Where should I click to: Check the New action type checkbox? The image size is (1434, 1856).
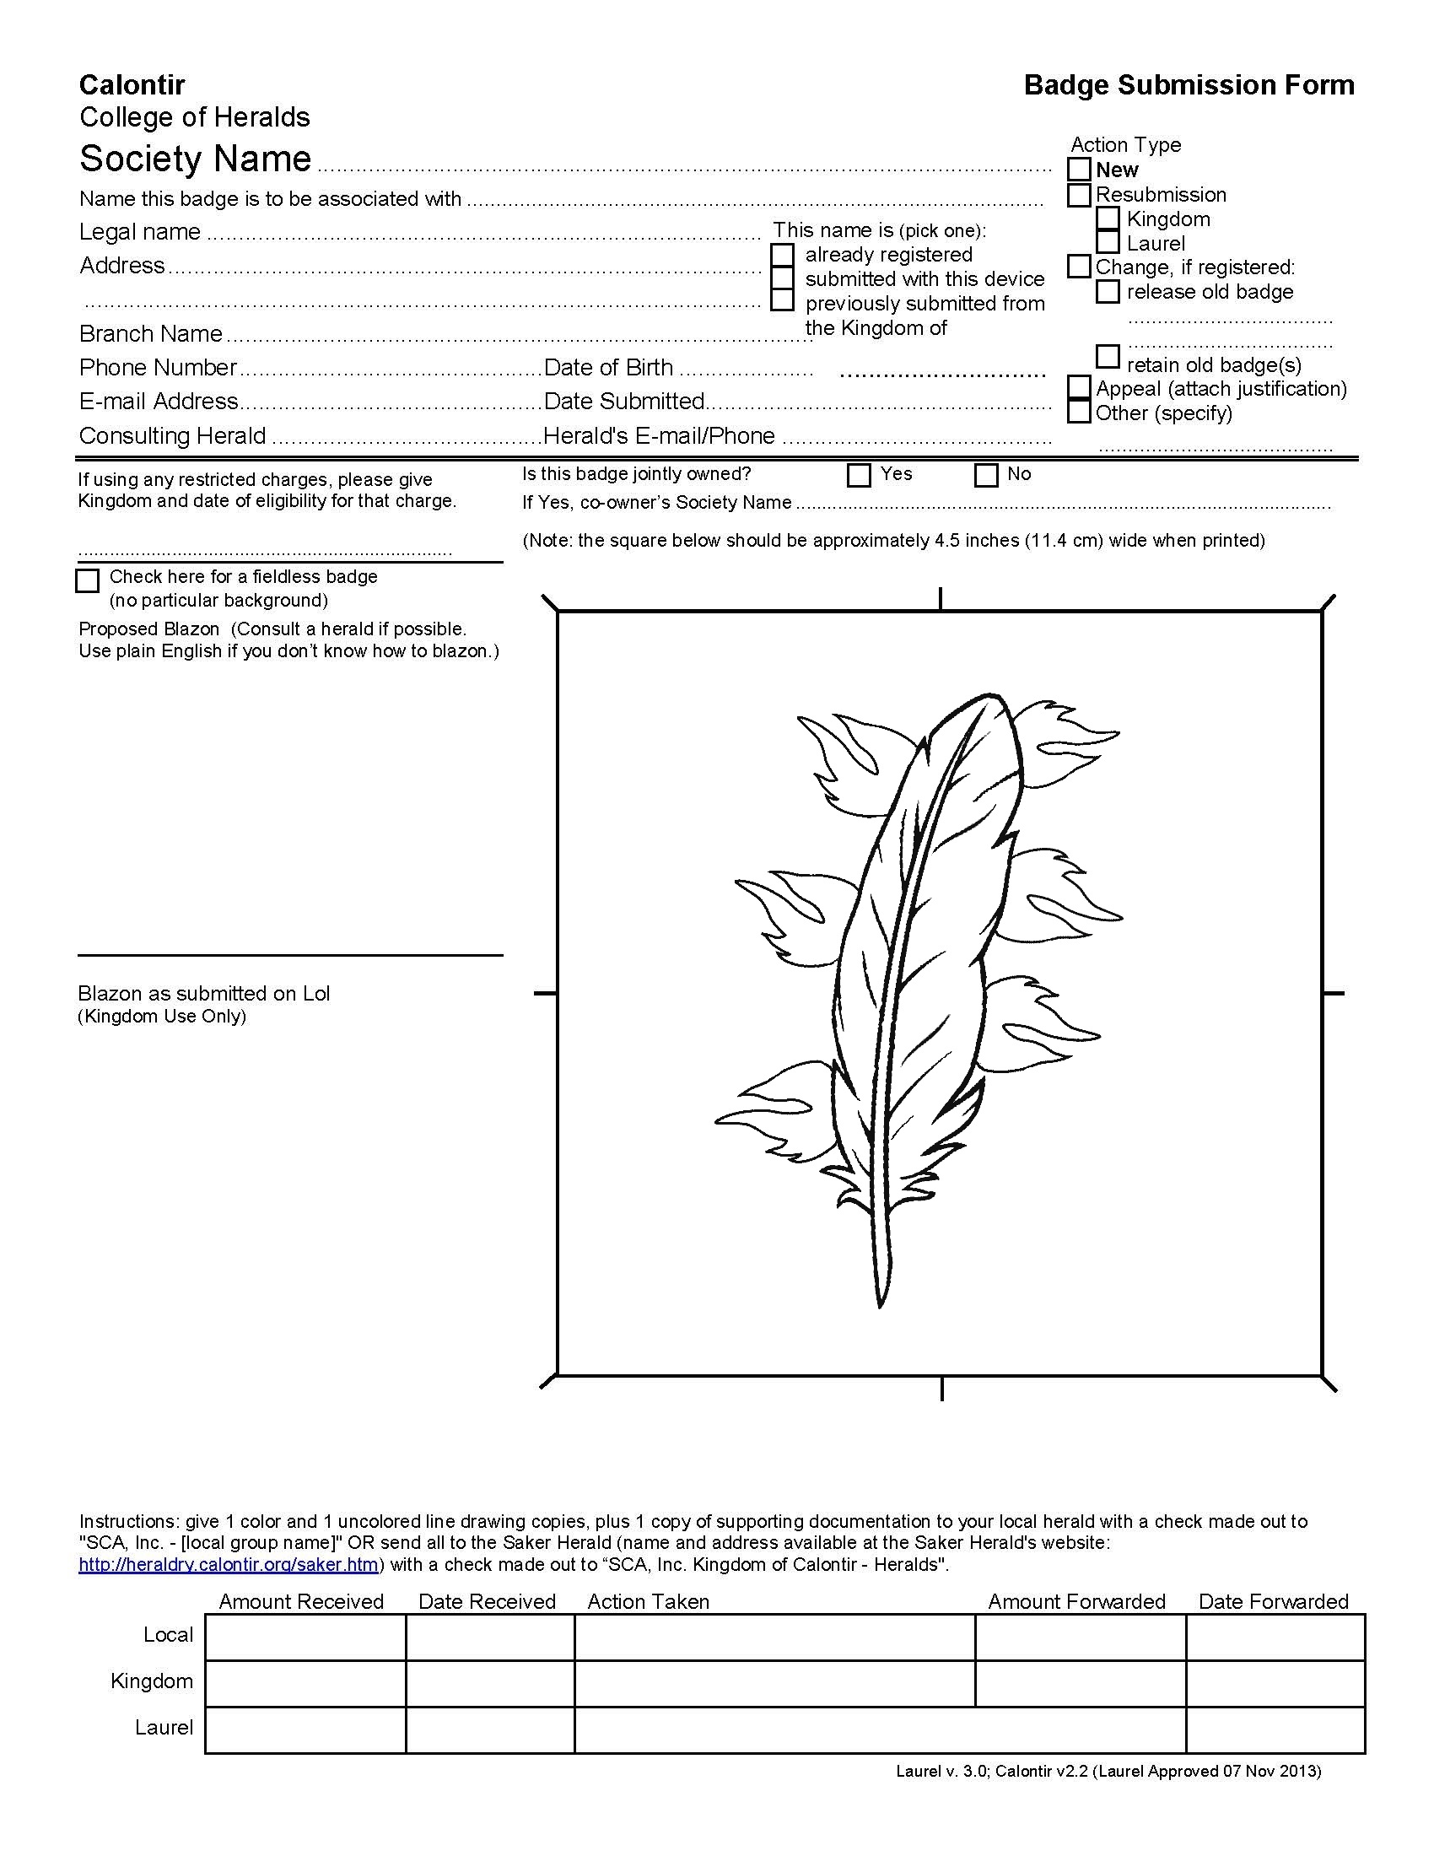point(1079,170)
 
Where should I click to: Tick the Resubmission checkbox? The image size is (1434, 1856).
point(1079,195)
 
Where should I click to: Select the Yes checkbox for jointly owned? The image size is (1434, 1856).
point(860,475)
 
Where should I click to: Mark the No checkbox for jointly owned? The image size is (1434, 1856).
point(986,475)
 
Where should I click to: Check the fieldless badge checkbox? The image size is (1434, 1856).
point(88,580)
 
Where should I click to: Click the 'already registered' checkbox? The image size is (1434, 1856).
point(783,255)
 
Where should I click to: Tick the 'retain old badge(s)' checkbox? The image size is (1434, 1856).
point(1108,355)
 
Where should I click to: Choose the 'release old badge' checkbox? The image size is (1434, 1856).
point(1108,292)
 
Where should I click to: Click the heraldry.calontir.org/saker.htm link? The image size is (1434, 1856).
point(229,1564)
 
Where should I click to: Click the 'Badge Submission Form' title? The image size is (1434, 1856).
point(1189,85)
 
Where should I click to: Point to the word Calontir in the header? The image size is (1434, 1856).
point(132,85)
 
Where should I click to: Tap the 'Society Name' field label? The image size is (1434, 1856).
point(196,159)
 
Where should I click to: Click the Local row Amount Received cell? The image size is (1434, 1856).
point(305,1637)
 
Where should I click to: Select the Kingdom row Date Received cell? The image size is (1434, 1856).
point(490,1683)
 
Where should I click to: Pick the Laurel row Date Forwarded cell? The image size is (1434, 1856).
point(1275,1729)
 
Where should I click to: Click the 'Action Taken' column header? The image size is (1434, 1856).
point(648,1602)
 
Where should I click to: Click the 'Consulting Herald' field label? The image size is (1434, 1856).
point(172,436)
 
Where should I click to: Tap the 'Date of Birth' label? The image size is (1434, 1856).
point(608,368)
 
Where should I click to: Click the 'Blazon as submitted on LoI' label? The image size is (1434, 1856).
point(204,994)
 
